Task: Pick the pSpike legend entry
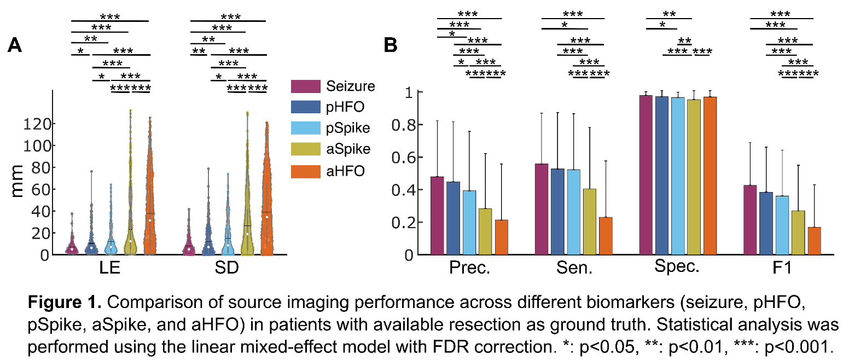348,129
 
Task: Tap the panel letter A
15,46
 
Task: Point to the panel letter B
390,46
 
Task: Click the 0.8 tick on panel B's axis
404,125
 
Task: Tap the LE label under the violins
110,270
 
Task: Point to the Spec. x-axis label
678,268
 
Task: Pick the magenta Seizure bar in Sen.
542,209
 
